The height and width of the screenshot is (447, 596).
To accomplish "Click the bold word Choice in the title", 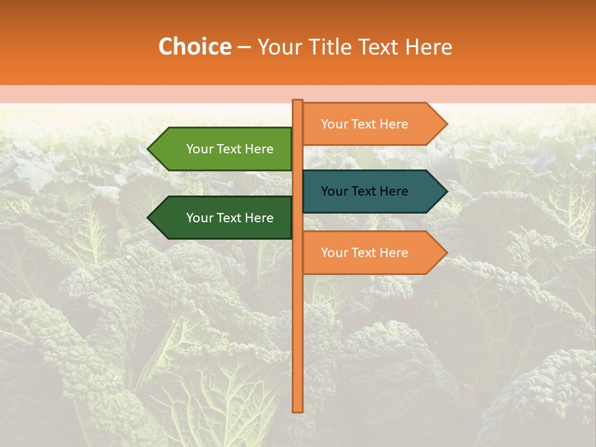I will coord(194,47).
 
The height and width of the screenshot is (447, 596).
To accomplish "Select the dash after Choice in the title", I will coord(244,47).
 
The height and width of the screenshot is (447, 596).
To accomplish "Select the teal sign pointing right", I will coord(369,191).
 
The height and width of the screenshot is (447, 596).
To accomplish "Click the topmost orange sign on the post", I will coord(369,124).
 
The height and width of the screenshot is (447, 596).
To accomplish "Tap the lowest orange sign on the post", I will coord(369,253).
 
